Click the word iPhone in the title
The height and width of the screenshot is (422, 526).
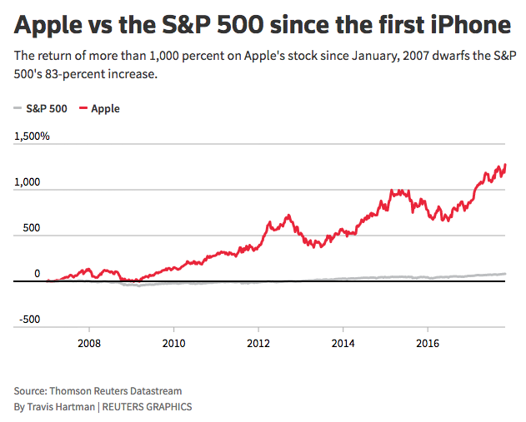468,25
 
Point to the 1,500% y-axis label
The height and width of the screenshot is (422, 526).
33,136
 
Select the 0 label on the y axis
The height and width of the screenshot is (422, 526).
37,273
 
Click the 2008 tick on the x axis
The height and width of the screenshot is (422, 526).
89,342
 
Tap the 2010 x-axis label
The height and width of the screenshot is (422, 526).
173,342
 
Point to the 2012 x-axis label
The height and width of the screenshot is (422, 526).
259,342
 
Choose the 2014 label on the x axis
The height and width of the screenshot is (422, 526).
343,342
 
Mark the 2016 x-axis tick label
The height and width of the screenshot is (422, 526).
428,342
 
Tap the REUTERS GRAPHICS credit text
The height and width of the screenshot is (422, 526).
147,406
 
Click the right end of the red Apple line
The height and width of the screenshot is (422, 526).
505,166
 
